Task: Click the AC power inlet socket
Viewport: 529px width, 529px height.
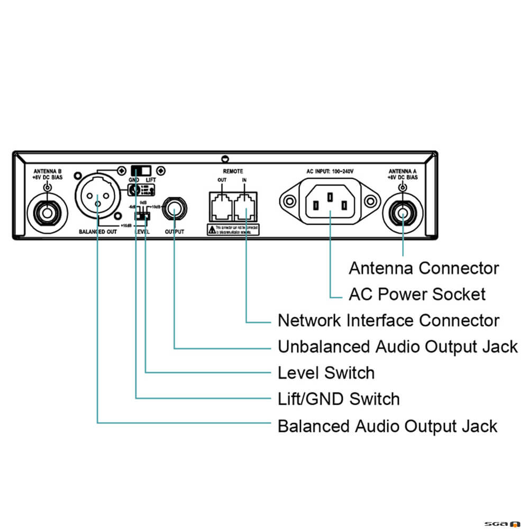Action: pos(330,201)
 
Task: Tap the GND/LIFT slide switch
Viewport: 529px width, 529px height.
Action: pos(141,170)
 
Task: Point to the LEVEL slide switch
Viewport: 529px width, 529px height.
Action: pos(141,215)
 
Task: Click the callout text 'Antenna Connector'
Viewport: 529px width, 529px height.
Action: pos(424,268)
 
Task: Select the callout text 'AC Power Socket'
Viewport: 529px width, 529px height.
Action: pos(417,294)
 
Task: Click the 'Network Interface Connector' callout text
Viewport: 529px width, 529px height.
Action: pos(388,321)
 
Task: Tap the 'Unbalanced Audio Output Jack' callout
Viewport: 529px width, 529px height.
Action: pos(398,347)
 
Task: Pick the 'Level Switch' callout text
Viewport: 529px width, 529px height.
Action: pos(326,373)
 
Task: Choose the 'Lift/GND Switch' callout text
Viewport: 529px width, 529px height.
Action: pos(339,399)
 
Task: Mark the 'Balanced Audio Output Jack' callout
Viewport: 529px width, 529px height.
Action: pos(388,426)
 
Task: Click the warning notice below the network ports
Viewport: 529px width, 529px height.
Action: pos(234,229)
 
